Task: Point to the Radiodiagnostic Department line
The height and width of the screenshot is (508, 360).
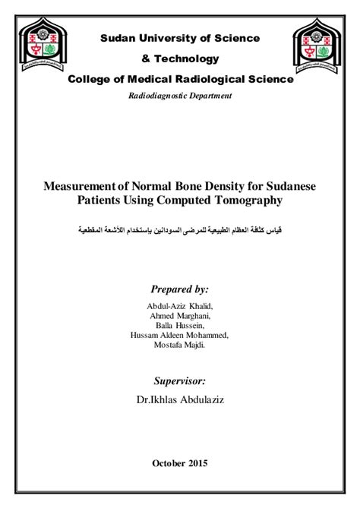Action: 180,96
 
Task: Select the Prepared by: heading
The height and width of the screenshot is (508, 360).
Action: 180,289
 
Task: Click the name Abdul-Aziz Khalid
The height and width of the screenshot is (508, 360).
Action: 180,305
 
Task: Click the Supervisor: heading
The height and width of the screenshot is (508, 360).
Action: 180,380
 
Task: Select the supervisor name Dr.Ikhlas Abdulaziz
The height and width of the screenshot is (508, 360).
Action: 180,399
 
